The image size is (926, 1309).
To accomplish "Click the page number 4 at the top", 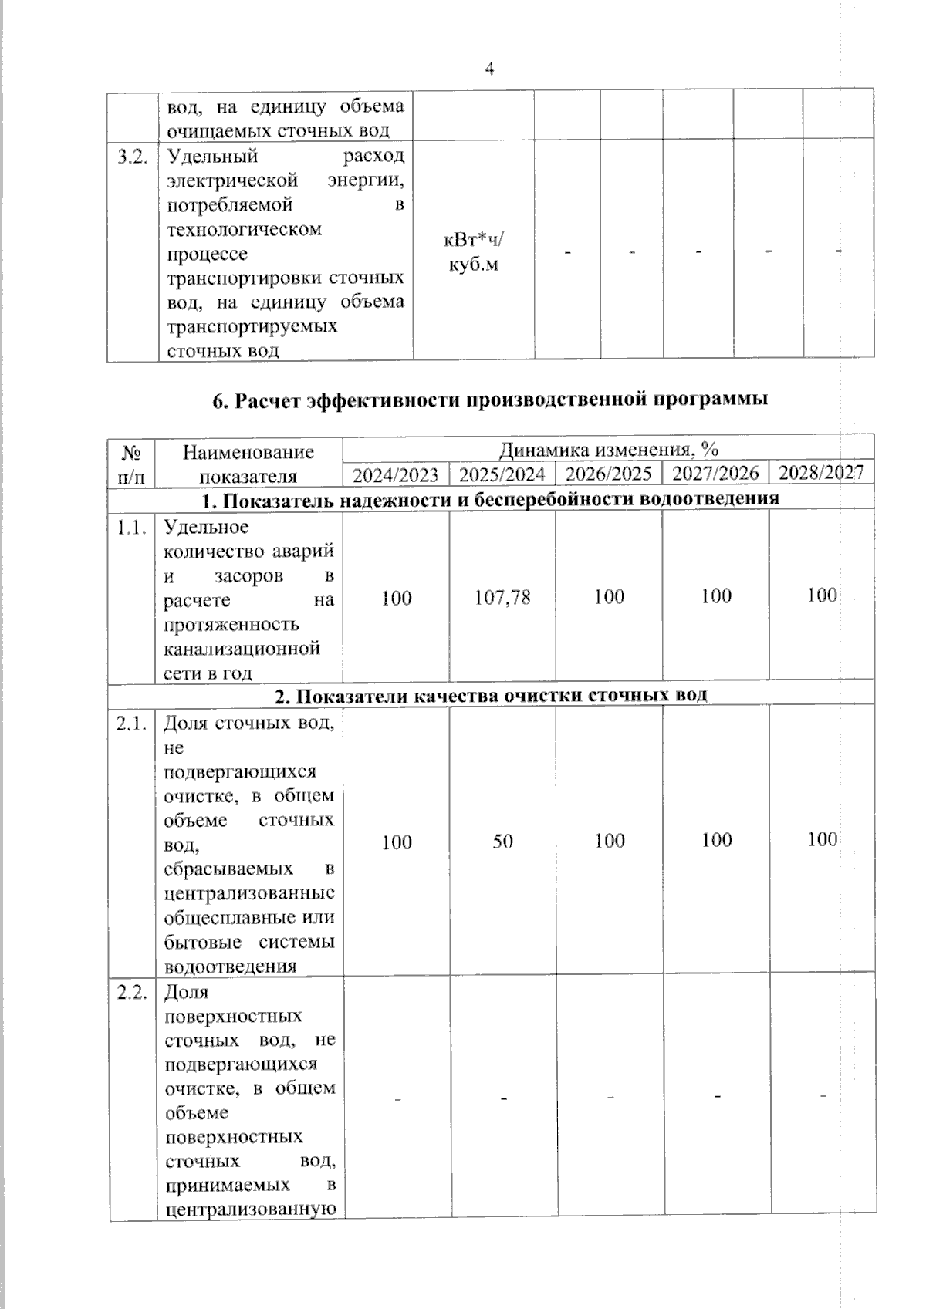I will click(x=489, y=69).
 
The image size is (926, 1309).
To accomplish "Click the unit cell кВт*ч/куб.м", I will click(x=473, y=252).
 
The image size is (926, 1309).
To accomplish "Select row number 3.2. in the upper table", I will click(x=132, y=157).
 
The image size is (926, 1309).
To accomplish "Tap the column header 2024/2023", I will click(x=395, y=474).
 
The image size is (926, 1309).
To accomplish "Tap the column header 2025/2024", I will click(x=502, y=474).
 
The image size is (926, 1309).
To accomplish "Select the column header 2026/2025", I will click(x=608, y=474).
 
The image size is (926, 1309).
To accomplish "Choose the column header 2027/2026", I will click(x=715, y=473).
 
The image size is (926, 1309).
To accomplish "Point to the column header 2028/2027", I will click(x=821, y=472).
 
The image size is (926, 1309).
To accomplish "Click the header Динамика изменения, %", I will click(x=608, y=450).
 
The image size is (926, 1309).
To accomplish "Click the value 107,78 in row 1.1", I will click(x=502, y=597).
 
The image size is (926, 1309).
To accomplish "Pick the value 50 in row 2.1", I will click(x=502, y=841).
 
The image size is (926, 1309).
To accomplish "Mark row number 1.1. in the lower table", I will click(x=132, y=528).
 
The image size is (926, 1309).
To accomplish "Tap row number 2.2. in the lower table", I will click(x=132, y=993).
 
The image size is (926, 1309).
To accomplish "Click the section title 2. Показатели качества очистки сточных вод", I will click(x=491, y=695).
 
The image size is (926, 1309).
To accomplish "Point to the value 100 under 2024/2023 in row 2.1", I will click(x=396, y=842).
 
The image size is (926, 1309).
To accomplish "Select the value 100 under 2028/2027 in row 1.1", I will click(x=822, y=595).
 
